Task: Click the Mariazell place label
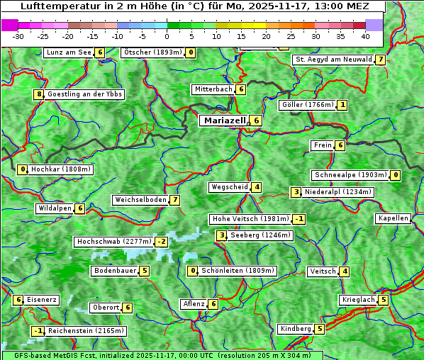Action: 225,120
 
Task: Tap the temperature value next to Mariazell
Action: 257,121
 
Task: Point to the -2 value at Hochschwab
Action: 162,242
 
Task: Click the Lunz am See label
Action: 69,52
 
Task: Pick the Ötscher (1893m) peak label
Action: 152,52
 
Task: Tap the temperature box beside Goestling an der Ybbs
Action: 38,94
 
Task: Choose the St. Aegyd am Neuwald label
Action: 333,60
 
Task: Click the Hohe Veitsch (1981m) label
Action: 250,219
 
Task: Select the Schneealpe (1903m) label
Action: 350,175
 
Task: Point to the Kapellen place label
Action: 394,218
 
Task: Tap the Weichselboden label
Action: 140,200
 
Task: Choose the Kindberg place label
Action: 296,329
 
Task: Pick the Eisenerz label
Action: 41,300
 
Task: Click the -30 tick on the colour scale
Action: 18,35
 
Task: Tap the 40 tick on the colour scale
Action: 365,35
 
